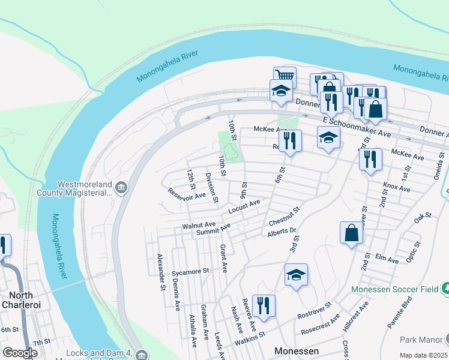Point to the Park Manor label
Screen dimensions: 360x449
tap(421, 339)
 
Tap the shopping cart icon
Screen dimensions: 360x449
tap(285, 77)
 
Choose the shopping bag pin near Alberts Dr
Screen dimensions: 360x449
tap(351, 233)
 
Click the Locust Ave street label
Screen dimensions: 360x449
tap(244, 207)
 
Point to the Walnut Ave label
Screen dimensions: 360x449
tap(199, 226)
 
